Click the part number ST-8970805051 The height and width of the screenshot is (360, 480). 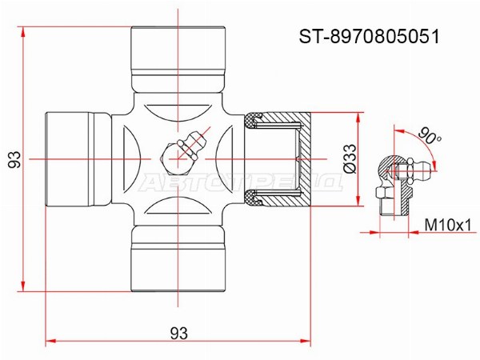(x=369, y=37)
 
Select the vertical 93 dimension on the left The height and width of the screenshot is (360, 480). (x=14, y=159)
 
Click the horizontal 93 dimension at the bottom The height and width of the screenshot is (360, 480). (x=178, y=333)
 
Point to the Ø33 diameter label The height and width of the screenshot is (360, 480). (x=350, y=159)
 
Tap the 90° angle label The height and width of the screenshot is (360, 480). (x=429, y=136)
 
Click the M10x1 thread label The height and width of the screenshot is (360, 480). (x=448, y=226)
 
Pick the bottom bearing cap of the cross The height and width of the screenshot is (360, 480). (x=178, y=258)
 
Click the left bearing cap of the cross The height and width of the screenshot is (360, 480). (x=78, y=159)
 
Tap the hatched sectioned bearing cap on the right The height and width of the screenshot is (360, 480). (x=278, y=159)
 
